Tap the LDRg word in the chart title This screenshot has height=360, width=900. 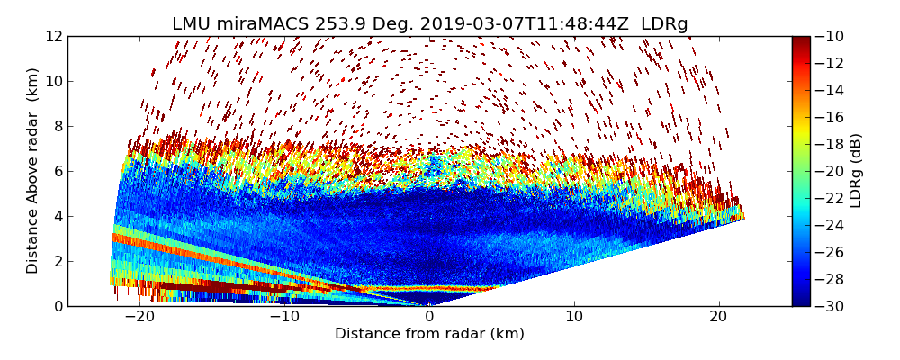(665, 23)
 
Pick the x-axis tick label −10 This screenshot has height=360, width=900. (283, 318)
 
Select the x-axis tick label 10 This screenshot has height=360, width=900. (574, 318)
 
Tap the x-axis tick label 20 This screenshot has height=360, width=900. (719, 318)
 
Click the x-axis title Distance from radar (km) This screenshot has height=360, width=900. (429, 334)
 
